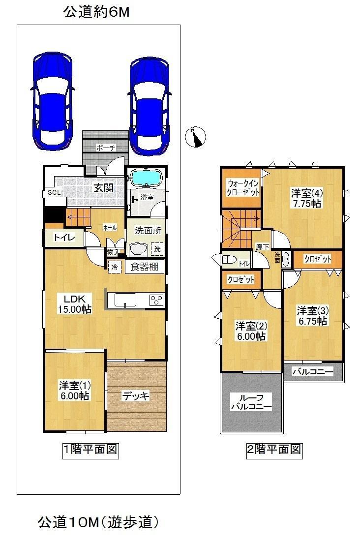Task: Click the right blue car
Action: [x=150, y=106]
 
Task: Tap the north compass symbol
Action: [x=195, y=136]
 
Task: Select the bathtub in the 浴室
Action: [x=146, y=178]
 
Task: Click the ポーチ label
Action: [x=106, y=147]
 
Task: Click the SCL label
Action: [x=54, y=193]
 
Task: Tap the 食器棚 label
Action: [x=145, y=267]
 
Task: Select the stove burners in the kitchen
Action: [x=157, y=300]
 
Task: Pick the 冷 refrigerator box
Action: [x=114, y=267]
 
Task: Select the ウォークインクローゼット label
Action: [x=240, y=187]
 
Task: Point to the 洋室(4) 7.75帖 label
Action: [x=306, y=197]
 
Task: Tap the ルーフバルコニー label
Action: [x=251, y=403]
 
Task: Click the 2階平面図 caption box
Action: [x=274, y=450]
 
